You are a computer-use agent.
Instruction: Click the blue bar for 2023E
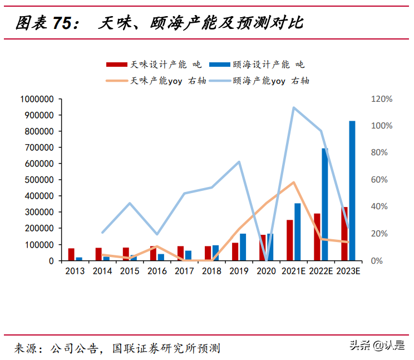click(x=352, y=191)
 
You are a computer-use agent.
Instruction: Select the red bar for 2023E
click(x=344, y=234)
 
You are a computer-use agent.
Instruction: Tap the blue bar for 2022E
click(x=325, y=204)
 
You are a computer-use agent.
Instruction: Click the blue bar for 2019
click(x=243, y=247)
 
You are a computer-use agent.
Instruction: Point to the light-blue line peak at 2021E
click(x=293, y=107)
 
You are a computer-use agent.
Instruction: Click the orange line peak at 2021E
click(x=293, y=182)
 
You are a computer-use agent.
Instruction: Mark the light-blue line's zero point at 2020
click(x=267, y=260)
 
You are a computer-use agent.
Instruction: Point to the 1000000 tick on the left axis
click(x=36, y=99)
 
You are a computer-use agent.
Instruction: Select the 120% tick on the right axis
click(x=382, y=99)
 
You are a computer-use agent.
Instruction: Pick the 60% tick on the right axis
click(x=380, y=180)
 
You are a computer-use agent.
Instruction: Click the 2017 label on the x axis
click(x=184, y=271)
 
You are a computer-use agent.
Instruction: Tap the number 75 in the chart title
click(x=63, y=23)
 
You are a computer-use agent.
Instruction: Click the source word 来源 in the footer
click(x=26, y=348)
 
